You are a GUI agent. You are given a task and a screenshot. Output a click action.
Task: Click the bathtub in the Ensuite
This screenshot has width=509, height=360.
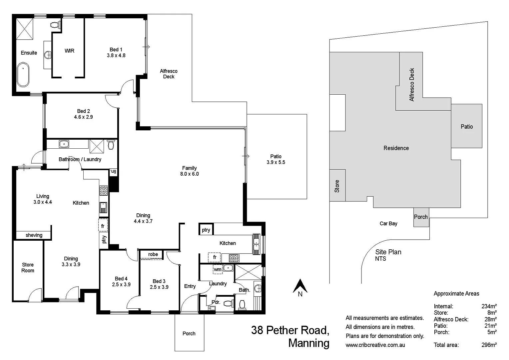[23, 74]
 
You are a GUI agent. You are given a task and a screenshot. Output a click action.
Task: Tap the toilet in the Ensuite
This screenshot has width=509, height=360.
[55, 25]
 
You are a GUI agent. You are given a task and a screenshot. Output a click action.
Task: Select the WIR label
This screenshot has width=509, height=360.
[69, 51]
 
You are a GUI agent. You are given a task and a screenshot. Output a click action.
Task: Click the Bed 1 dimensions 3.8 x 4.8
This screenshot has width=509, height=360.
[116, 56]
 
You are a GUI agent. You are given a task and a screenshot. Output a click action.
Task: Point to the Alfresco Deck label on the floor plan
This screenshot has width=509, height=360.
[169, 74]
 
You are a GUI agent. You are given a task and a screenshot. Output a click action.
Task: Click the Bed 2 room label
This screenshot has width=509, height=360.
[83, 111]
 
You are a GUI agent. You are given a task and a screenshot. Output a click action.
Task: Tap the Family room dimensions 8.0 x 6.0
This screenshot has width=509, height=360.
[189, 174]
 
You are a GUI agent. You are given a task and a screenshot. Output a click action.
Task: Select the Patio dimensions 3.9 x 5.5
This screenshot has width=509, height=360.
[275, 162]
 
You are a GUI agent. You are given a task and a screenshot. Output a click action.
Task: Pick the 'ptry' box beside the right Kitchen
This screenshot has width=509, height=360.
[206, 230]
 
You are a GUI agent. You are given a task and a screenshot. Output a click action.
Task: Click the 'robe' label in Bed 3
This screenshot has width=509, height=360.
[153, 254]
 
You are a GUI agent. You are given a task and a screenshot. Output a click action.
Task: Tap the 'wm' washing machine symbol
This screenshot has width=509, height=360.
[218, 269]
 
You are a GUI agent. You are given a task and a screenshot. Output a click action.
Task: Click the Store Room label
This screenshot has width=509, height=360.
[28, 268]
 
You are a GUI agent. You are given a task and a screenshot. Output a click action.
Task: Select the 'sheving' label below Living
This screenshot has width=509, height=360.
[34, 235]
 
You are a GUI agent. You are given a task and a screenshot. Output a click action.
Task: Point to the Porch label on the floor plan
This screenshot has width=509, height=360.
[189, 333]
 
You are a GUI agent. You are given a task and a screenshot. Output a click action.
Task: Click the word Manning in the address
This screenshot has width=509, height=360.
[308, 343]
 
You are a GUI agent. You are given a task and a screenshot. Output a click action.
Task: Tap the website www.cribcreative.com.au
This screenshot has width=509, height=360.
[375, 345]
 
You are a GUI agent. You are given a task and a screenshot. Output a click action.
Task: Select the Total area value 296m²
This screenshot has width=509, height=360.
[489, 345]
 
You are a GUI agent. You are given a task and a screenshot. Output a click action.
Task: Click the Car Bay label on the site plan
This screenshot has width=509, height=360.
[388, 223]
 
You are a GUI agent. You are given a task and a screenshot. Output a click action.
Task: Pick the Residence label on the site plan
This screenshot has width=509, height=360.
[396, 148]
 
